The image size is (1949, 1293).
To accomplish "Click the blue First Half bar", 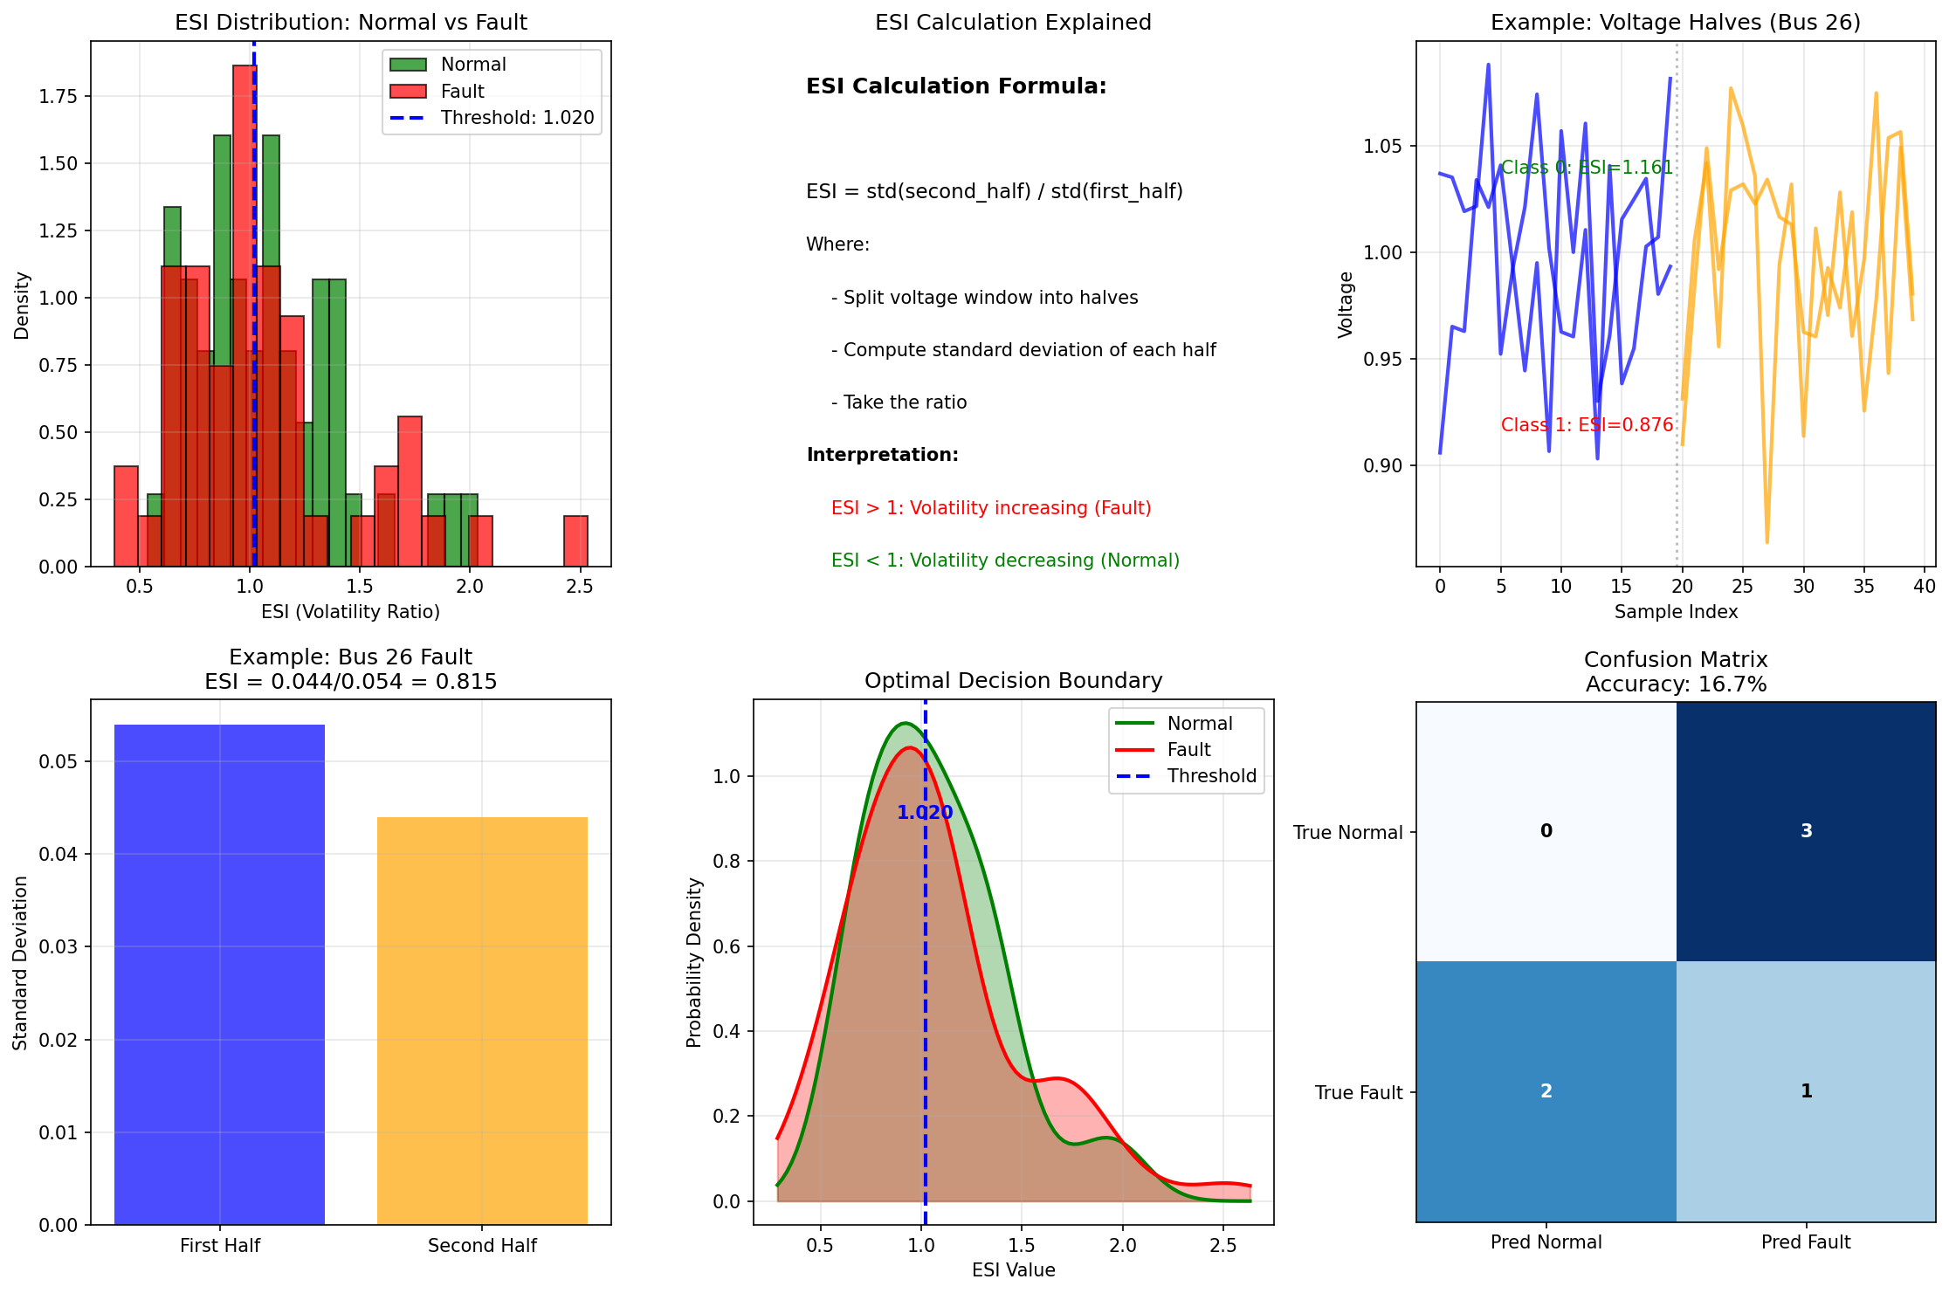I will point(219,973).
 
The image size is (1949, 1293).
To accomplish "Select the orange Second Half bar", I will point(482,1020).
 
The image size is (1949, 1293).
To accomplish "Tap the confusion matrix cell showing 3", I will point(1806,831).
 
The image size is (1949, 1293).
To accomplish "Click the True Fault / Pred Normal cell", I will point(1546,1091).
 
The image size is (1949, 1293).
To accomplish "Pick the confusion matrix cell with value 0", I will point(1546,831).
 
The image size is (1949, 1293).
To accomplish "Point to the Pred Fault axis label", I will point(1806,1242).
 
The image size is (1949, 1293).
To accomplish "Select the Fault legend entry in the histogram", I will point(462,92).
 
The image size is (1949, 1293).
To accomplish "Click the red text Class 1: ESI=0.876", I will point(1587,425).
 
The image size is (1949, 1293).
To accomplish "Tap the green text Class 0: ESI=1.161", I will point(1587,168).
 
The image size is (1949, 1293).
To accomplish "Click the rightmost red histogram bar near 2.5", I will point(575,541).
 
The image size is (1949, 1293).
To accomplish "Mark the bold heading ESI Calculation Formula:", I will point(956,86).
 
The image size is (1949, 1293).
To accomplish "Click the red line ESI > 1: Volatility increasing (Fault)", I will point(991,508).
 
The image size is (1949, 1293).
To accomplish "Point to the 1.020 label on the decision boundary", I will point(925,813).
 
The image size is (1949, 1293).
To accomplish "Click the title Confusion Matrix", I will point(1675,660).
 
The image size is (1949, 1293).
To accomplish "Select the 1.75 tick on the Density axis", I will point(58,96).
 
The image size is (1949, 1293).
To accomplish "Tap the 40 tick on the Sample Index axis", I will point(1924,587).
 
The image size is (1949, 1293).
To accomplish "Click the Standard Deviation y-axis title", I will point(21,963).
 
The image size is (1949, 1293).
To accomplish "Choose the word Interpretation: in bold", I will point(882,455).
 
